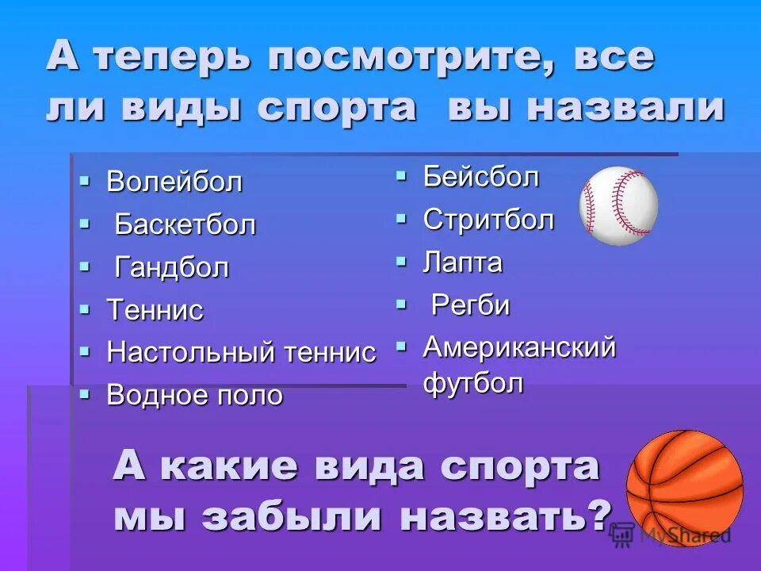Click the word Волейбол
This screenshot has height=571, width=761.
coord(174,182)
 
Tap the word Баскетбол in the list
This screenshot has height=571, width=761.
coord(185,225)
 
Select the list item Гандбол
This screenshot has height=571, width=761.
coord(172,268)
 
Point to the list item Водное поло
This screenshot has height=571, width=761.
coord(194,395)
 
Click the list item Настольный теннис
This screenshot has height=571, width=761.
coord(241,353)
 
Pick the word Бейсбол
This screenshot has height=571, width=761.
coord(481,177)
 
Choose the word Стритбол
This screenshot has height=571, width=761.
coord(488,220)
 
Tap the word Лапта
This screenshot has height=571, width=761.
coord(463,263)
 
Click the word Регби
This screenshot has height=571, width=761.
coord(470,305)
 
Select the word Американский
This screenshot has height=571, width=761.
coord(519,347)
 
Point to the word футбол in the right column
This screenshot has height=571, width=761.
coord(473,384)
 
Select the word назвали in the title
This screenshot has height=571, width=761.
coord(626,108)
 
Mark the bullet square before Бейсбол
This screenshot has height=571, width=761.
coord(402,175)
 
